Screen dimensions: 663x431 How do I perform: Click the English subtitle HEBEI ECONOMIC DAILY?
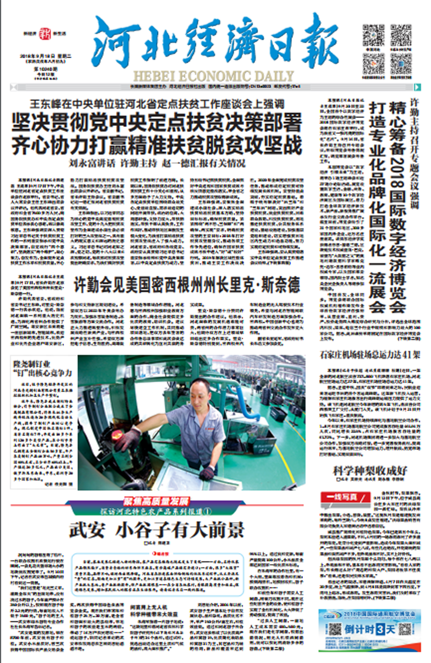(x=214, y=75)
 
